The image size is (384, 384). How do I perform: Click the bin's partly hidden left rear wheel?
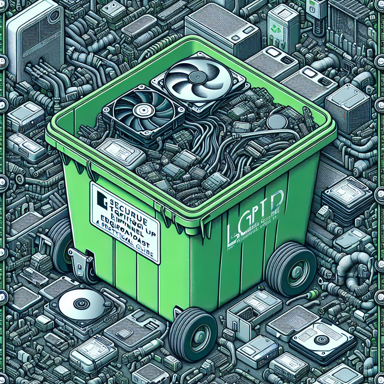[x=60, y=244]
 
